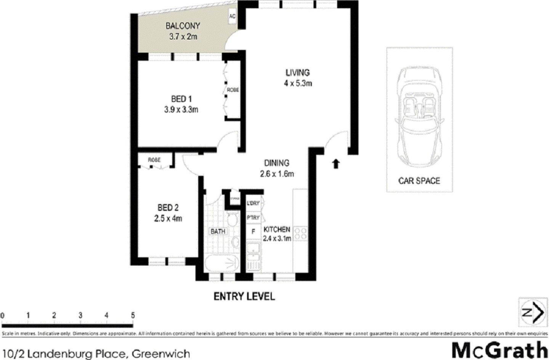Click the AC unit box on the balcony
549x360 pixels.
click(232, 17)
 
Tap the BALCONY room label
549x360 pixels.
click(183, 26)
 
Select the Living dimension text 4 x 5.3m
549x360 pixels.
click(298, 83)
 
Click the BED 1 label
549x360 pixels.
click(181, 99)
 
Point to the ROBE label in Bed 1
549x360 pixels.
click(233, 90)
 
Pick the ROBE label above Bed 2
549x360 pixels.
click(154, 160)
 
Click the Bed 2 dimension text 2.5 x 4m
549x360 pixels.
click(168, 219)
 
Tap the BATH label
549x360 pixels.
click(218, 231)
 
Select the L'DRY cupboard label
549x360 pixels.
click(253, 203)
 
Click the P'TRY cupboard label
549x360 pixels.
click(253, 218)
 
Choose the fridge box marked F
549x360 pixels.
click(252, 231)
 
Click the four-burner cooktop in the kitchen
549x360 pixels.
click(300, 233)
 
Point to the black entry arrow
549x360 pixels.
click(335, 164)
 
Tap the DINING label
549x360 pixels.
click(277, 163)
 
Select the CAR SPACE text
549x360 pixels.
click(419, 181)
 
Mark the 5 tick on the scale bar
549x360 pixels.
click(133, 316)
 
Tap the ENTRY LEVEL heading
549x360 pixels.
click(244, 296)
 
